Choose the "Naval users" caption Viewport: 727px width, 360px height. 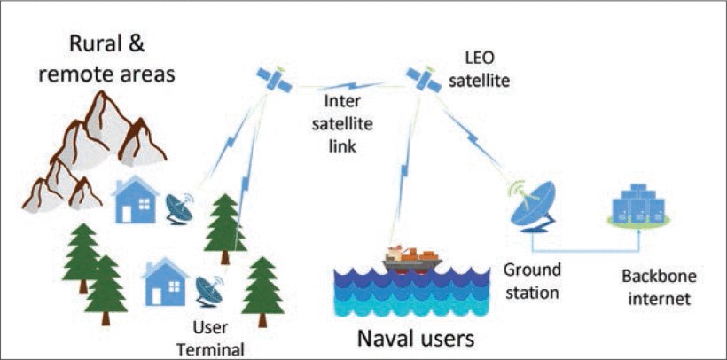(415, 337)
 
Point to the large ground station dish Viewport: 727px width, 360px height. (535, 205)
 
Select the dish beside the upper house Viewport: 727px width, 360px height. (182, 207)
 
